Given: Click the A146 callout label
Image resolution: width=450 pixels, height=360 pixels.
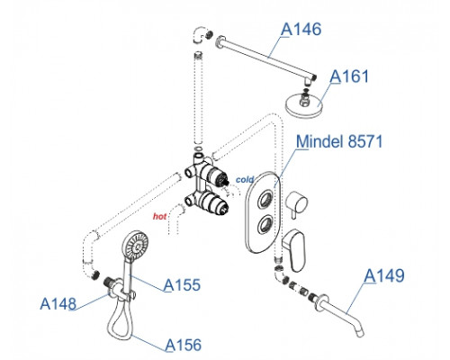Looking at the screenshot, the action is [301, 30].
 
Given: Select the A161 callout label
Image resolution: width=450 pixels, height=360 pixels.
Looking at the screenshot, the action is [349, 76].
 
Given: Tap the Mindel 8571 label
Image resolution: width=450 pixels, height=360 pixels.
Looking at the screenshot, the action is [339, 141].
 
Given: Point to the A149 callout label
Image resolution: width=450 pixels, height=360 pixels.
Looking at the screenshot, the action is [384, 275].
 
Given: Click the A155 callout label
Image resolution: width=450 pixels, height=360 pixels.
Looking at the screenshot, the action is [182, 285].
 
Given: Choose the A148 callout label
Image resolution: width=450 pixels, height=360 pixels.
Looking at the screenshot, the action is [58, 303].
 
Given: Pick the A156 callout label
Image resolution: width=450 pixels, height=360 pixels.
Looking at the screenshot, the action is [184, 345].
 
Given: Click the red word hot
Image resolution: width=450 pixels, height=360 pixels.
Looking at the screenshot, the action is [159, 216].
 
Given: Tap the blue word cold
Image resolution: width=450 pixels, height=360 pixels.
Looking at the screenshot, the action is [245, 180].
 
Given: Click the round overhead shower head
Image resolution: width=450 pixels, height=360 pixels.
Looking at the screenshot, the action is [303, 105].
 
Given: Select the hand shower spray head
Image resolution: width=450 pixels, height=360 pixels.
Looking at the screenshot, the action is [135, 246].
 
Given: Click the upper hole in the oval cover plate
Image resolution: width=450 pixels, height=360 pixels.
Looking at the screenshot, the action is [265, 199].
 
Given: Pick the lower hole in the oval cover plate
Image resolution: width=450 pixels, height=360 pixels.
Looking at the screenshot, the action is [265, 224].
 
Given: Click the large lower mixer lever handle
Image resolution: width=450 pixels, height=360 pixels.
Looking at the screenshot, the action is [294, 249].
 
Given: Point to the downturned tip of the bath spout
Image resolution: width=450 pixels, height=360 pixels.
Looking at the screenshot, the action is [361, 333].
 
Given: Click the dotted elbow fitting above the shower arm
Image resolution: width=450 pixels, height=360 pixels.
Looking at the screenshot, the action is [199, 34].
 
